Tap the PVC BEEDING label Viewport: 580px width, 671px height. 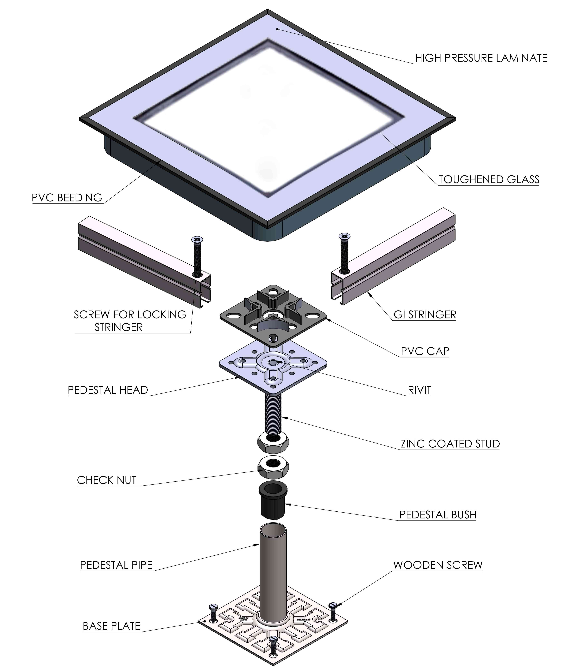tap(67, 198)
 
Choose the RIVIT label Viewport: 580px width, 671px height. tap(419, 390)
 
